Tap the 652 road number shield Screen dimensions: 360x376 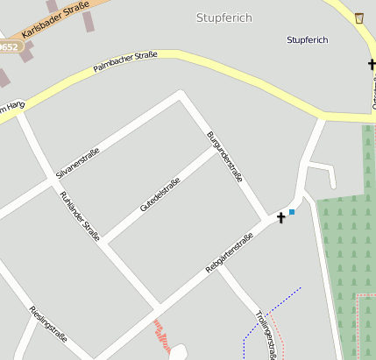[x=7, y=46]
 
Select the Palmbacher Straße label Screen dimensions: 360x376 [x=125, y=61]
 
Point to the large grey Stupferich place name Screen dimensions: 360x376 [x=223, y=18]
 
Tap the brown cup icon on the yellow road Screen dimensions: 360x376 [x=359, y=18]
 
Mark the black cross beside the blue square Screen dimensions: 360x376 [x=281, y=217]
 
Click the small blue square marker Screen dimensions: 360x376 [x=292, y=212]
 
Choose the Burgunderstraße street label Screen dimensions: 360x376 [x=224, y=156]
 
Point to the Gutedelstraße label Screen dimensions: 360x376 [x=160, y=194]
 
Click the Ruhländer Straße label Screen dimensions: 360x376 [x=80, y=215]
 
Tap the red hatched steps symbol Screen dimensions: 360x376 [x=161, y=334]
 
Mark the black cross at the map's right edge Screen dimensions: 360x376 [x=372, y=64]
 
